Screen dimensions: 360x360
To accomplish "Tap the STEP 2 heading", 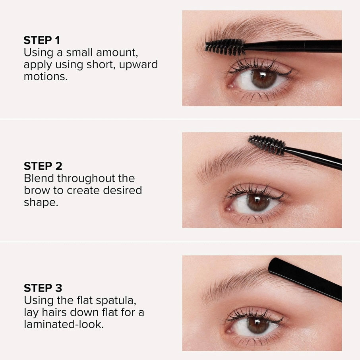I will tap(43, 166).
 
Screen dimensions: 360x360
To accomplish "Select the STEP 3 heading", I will tap(43, 288).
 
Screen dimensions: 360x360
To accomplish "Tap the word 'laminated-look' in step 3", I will tap(64, 324).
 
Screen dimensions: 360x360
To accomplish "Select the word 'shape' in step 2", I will tap(40, 203).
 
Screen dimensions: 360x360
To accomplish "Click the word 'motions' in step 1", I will tap(45, 76).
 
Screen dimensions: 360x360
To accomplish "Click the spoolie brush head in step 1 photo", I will tap(225, 47).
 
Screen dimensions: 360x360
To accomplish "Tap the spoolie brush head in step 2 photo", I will tap(267, 145).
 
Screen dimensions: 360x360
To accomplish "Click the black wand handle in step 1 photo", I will tap(294, 46).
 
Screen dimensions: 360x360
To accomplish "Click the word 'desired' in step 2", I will tap(122, 190).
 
